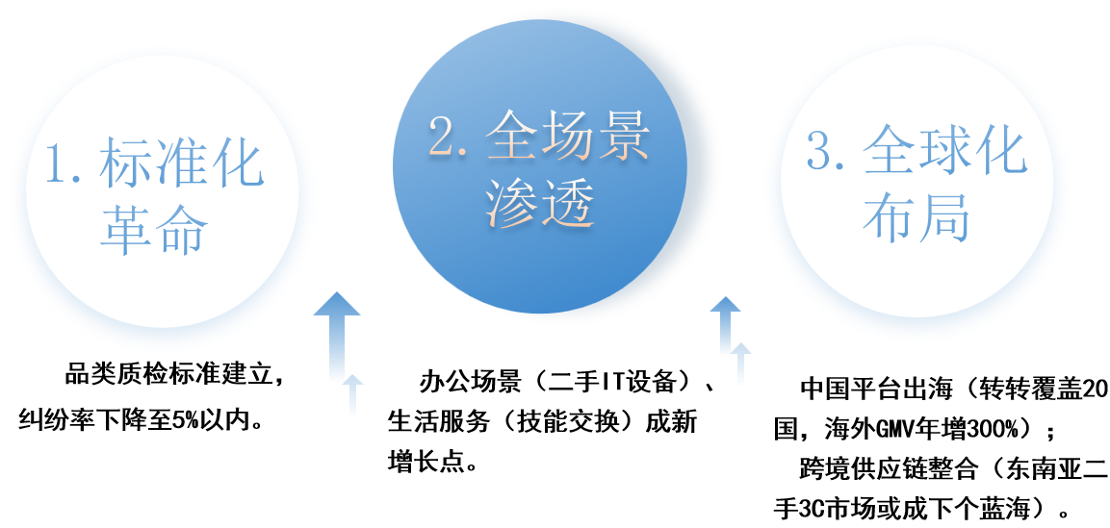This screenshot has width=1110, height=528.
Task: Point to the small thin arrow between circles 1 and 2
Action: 353,396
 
